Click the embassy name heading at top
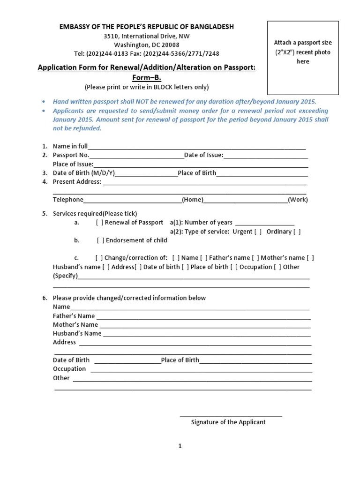point(146,27)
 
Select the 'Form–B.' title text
point(146,78)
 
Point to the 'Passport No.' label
point(71,155)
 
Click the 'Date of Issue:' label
point(204,155)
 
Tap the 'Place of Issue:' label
point(73,164)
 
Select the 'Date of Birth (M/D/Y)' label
point(83,173)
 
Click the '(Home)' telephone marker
point(193,200)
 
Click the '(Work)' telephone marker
point(298,200)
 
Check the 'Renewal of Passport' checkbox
point(99,223)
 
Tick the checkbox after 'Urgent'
point(258,232)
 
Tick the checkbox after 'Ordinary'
point(297,232)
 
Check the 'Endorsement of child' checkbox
point(101,240)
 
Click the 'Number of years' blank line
point(264,223)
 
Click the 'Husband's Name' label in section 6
point(77,334)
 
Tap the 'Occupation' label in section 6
point(69,369)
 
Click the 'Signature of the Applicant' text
point(228,422)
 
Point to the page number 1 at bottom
point(180,446)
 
